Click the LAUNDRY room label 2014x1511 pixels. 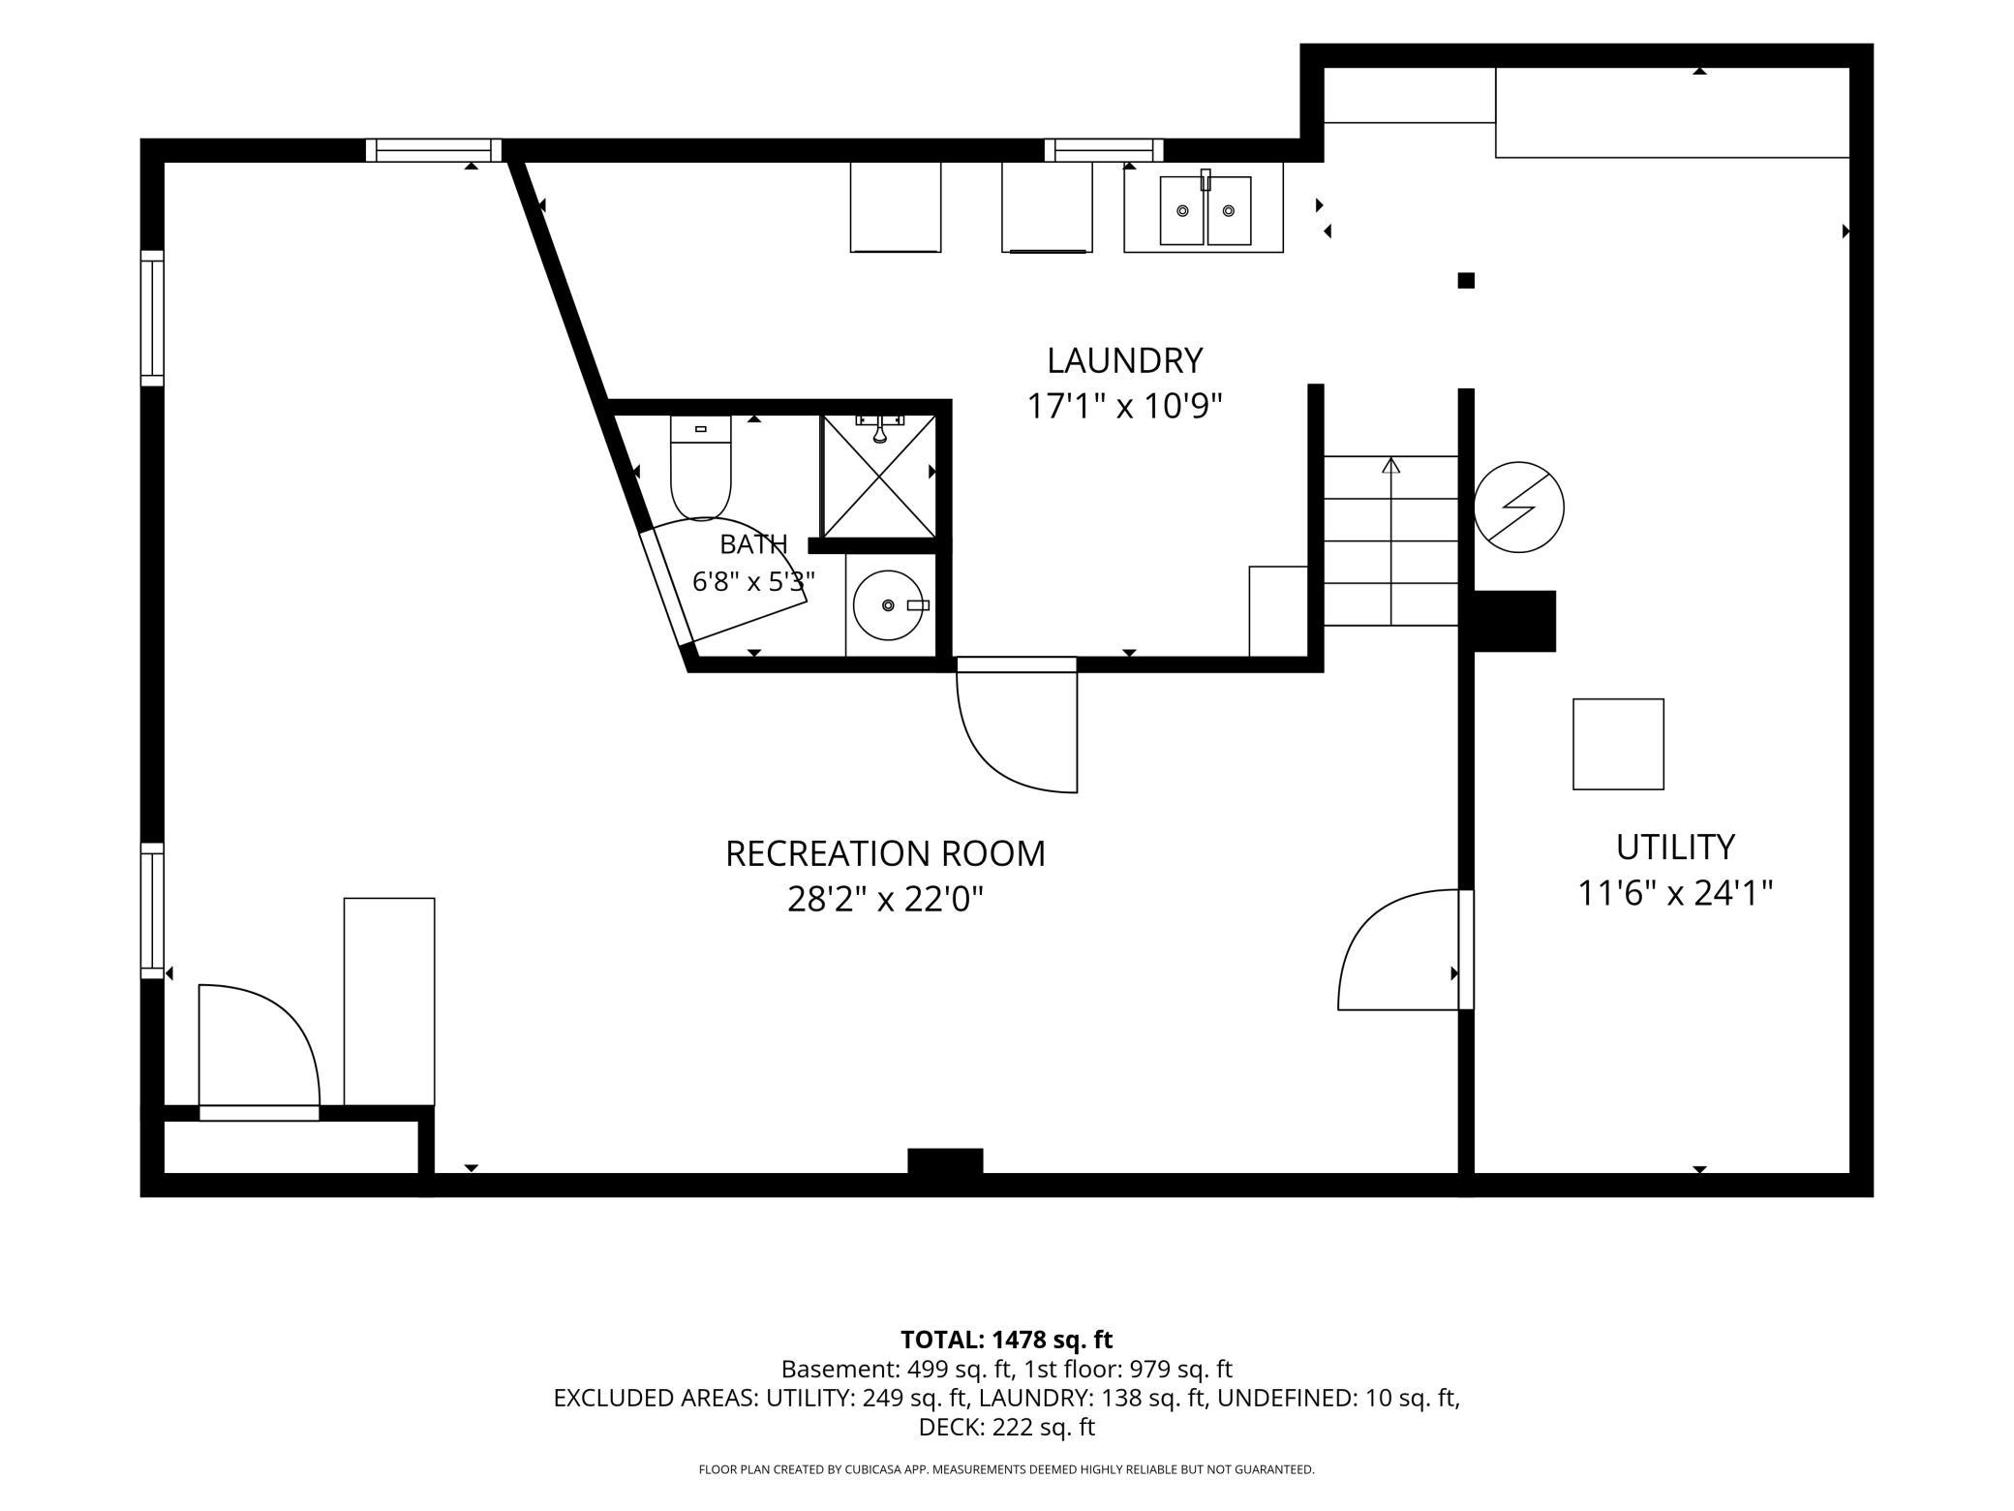coord(1124,360)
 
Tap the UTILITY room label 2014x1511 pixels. coord(1675,847)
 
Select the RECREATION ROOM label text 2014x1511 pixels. coord(885,853)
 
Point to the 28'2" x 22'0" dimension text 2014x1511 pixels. coord(885,900)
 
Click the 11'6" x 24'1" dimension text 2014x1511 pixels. coord(1675,892)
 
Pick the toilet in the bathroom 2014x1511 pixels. coord(700,468)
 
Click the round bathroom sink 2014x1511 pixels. coord(888,605)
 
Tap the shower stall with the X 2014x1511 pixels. coord(879,476)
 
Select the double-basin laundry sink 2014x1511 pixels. coord(1205,209)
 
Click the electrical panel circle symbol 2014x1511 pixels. coord(1518,508)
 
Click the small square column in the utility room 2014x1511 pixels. coord(1466,281)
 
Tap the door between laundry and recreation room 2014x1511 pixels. coord(1017,725)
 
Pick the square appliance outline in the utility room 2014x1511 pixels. coord(1618,744)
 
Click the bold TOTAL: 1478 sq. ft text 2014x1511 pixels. coord(1006,1340)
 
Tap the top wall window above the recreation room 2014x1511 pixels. coord(434,150)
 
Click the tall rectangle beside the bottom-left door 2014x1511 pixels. coord(389,1002)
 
